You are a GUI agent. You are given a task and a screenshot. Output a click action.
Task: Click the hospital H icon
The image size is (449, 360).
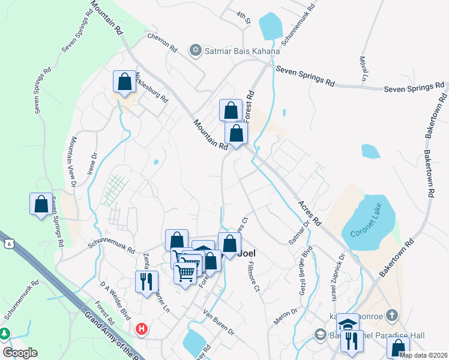[x=142, y=329]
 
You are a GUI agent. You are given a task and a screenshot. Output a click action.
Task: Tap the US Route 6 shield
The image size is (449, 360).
[x=8, y=242]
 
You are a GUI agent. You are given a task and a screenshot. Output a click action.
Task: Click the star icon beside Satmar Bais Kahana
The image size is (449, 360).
[x=195, y=51]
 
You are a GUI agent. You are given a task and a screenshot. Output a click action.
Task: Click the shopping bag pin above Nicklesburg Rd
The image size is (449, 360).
[x=124, y=82]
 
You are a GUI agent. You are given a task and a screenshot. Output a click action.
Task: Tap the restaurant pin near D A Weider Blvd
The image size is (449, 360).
[x=146, y=281]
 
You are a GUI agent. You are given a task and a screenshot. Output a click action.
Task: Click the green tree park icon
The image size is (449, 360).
[x=5, y=333]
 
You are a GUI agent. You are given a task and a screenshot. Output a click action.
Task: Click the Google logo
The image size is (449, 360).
[x=20, y=353]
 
